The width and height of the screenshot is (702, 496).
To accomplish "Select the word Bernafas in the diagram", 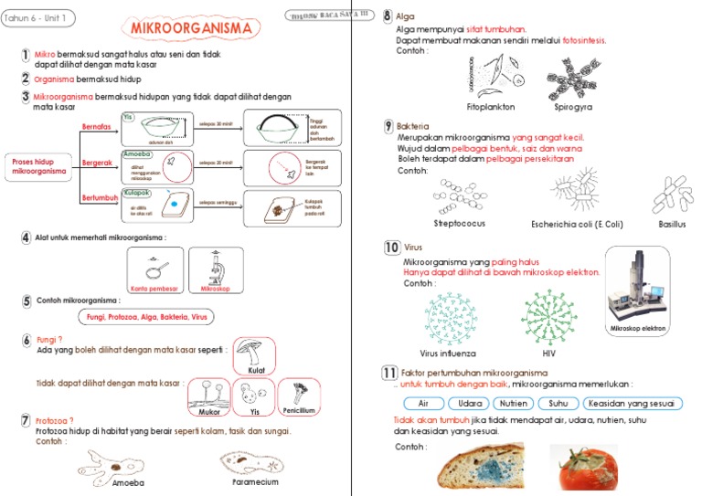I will [x=97, y=124].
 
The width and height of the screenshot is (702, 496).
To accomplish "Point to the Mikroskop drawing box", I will [x=222, y=270].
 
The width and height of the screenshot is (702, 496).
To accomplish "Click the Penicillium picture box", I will [x=299, y=397].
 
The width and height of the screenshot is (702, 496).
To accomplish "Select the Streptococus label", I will [x=460, y=223].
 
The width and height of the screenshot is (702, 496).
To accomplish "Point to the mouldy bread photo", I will [x=483, y=468].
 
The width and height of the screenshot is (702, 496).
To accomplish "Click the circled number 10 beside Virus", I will [x=390, y=248].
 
